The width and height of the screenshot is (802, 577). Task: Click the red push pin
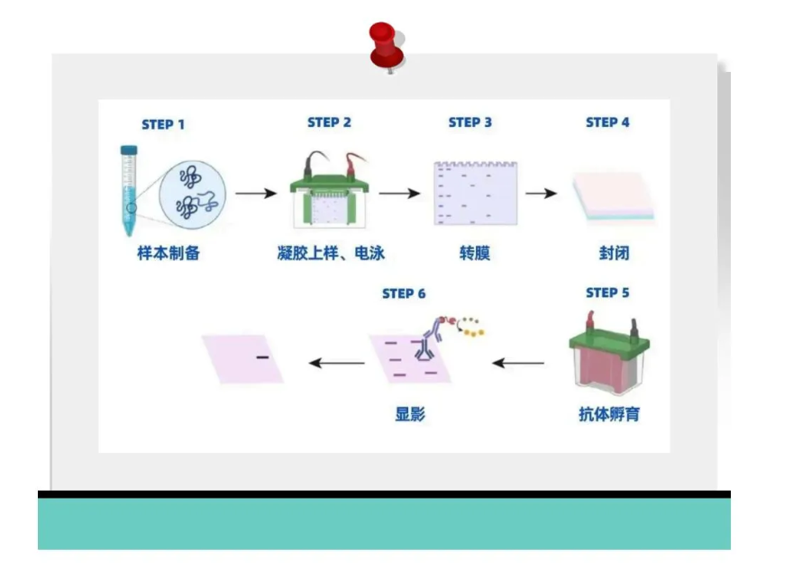pos(387,46)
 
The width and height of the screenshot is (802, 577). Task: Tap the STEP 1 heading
pos(163,124)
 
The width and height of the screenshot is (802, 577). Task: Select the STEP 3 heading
pos(470,122)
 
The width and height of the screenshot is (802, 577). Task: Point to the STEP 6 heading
pos(404,293)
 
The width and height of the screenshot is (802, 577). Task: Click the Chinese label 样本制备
pos(169,253)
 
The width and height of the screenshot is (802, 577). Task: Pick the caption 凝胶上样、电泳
pos(331,253)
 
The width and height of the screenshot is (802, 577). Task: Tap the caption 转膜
pos(475,253)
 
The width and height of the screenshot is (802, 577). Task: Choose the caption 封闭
pos(615,253)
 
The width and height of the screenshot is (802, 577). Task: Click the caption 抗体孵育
pos(609,414)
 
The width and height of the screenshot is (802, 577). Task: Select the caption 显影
pos(410,414)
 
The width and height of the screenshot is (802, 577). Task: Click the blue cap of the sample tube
pos(129,149)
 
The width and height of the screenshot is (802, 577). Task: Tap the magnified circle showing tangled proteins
pos(192,194)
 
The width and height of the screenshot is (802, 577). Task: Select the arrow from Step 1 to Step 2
pos(256,194)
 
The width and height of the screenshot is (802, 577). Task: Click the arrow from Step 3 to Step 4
pos(542,194)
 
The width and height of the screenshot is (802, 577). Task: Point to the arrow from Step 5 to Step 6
pos(517,364)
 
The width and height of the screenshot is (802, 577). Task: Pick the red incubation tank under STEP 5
pos(608,353)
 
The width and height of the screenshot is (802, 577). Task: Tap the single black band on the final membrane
pos(262,357)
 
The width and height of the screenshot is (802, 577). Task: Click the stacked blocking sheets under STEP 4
pos(614,197)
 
